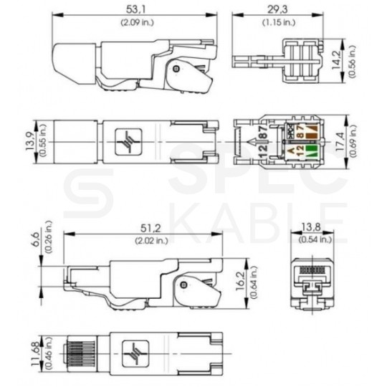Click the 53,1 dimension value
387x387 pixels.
click(x=135, y=9)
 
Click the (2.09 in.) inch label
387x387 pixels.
click(x=135, y=21)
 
